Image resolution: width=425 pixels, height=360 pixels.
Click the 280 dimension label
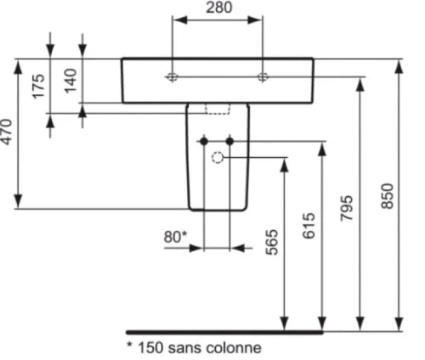click(x=218, y=8)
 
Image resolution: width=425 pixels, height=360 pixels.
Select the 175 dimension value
click(x=39, y=87)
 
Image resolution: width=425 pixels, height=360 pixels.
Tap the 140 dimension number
click(x=71, y=81)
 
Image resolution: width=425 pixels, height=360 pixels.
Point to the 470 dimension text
click(x=6, y=132)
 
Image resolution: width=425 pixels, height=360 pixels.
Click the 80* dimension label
click(x=175, y=237)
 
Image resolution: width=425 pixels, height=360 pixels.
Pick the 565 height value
click(x=272, y=242)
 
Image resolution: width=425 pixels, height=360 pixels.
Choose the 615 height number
click(x=309, y=226)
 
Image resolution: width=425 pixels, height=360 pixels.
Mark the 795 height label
click(x=347, y=208)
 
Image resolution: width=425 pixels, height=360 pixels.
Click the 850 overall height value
click(x=388, y=196)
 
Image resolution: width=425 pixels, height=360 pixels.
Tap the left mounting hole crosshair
click(x=173, y=76)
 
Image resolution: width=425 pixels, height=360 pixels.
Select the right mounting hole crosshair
click(x=263, y=76)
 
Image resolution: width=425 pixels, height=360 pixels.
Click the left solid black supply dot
click(x=204, y=141)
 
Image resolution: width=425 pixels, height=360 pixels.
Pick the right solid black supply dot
click(x=229, y=141)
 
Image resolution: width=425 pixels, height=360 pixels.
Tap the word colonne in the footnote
click(x=234, y=347)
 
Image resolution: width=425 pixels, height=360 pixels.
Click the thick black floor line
click(x=224, y=332)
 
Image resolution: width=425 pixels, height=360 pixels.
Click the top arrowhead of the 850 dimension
click(x=399, y=67)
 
